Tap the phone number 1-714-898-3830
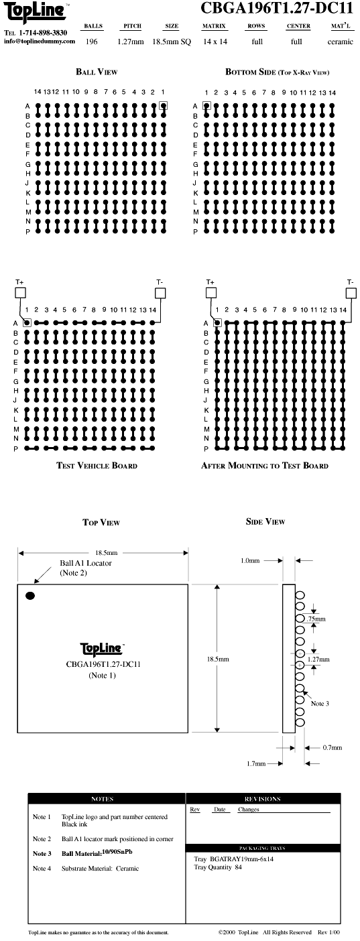(x=44, y=33)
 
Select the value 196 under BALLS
(x=91, y=42)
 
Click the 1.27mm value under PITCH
(x=130, y=42)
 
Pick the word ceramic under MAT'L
(x=341, y=42)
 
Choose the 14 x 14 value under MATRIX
(x=215, y=42)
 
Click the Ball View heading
(x=97, y=72)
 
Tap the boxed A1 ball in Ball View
(x=163, y=105)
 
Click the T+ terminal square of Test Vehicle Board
(x=20, y=292)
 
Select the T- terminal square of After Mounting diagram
(x=351, y=292)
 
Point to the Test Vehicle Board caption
(x=97, y=465)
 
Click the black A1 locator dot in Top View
(x=30, y=595)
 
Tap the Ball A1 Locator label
(x=86, y=563)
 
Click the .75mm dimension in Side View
(x=316, y=619)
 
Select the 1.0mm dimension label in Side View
(x=250, y=560)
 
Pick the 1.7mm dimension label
(x=256, y=763)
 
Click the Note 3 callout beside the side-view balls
(x=320, y=703)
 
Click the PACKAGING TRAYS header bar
(x=263, y=848)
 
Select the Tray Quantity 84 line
(x=218, y=867)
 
